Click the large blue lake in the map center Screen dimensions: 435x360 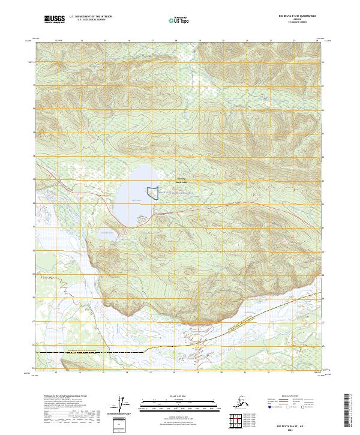[x=135, y=195]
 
